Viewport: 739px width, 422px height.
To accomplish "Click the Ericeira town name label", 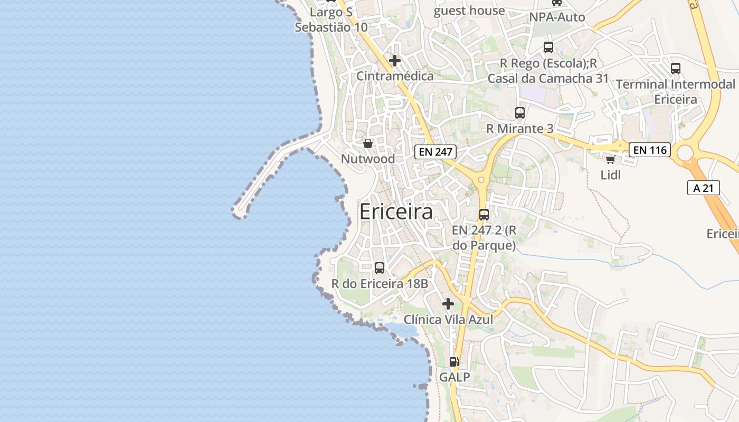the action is point(396,212).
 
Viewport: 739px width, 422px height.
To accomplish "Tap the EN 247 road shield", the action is point(435,152).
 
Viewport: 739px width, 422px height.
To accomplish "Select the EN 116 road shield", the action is point(650,150).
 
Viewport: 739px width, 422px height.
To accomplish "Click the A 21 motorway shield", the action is point(704,188).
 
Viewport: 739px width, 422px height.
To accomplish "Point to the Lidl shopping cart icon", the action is point(611,159).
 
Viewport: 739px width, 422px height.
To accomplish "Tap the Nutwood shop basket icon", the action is point(368,143).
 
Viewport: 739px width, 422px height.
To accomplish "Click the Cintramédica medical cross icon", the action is point(395,61).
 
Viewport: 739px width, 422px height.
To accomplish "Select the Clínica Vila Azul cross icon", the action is point(448,304).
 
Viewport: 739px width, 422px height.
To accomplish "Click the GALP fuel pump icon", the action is point(454,362).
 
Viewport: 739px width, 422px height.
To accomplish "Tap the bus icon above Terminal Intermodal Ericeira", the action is point(676,69).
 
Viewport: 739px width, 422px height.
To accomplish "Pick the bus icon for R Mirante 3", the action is point(520,113).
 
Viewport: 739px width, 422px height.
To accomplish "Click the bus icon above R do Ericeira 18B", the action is point(380,268).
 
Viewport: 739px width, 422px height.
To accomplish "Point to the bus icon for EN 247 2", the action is point(484,215).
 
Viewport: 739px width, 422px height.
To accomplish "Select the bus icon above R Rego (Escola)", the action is point(548,47).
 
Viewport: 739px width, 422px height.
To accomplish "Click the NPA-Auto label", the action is point(557,17).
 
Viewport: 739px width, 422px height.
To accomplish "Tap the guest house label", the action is point(469,11).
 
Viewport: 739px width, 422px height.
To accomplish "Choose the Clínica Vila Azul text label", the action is point(448,320).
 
